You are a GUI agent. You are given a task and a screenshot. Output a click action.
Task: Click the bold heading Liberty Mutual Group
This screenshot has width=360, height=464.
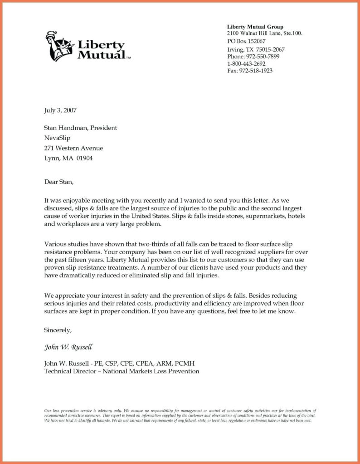pyautogui.click(x=255, y=27)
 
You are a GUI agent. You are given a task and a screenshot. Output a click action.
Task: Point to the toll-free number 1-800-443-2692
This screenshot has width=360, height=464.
pyautogui.click(x=248, y=63)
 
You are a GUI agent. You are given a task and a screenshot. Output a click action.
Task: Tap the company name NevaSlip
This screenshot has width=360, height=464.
pyautogui.click(x=57, y=138)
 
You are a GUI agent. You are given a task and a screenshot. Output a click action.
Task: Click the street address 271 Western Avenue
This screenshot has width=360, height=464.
pyautogui.click(x=73, y=148)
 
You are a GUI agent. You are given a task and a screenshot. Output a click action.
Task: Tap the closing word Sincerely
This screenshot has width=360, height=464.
pyautogui.click(x=57, y=330)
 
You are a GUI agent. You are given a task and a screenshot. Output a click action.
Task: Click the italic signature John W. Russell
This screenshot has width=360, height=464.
pyautogui.click(x=68, y=348)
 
